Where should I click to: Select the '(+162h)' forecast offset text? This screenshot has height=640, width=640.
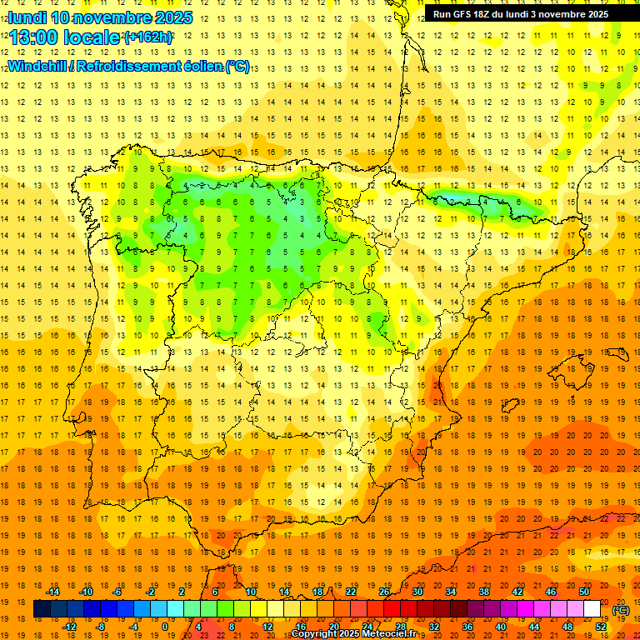coord(148,37)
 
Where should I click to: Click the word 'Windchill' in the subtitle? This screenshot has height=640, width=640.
coord(36,66)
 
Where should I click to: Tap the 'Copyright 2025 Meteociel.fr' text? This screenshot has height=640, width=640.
coord(355,634)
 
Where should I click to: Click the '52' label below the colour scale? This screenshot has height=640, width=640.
coord(601,626)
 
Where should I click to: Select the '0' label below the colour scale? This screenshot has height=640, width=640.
coord(165,626)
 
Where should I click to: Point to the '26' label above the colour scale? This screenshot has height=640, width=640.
coord(384,592)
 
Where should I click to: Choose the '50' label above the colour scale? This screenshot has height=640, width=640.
coord(584,592)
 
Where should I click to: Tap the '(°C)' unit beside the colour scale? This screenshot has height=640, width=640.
coord(621,609)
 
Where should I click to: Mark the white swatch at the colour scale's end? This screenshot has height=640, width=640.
coord(592,609)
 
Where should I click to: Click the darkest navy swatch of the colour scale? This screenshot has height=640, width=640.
coord(42,609)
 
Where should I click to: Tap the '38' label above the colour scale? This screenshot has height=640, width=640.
coord(484,592)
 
